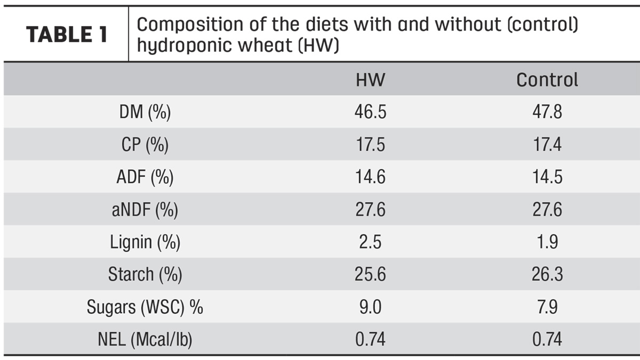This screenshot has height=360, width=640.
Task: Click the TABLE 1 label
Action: tap(67, 34)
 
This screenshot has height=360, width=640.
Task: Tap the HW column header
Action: tap(370, 79)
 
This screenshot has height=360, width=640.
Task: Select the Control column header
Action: tap(547, 79)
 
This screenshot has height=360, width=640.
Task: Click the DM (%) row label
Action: tap(145, 111)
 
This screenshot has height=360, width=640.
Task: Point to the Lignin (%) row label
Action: tap(145, 242)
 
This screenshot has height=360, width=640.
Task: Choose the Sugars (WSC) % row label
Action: tap(145, 307)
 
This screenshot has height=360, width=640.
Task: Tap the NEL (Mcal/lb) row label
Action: tap(145, 339)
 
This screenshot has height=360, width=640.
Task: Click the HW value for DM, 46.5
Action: tap(370, 111)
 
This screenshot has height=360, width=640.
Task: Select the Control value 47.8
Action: tap(547, 111)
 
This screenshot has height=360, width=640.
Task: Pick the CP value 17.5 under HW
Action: tap(370, 145)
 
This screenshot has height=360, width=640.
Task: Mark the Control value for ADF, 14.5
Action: tap(547, 177)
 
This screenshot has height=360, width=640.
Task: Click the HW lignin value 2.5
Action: tap(370, 242)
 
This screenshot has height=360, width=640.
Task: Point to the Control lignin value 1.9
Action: tap(547, 242)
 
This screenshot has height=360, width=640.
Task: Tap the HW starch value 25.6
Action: tap(370, 274)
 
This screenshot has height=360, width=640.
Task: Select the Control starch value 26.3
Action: tap(547, 274)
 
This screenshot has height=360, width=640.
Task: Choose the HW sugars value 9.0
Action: tap(370, 307)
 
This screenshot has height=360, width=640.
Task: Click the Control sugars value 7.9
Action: tap(547, 307)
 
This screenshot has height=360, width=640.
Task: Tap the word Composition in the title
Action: tap(190, 25)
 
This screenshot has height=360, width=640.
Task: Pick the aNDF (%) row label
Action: tap(145, 210)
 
